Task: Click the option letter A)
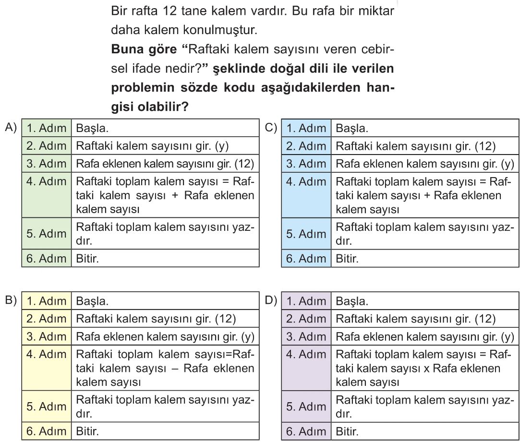(x=10, y=127)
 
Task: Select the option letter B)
(x=10, y=300)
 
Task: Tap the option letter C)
(x=271, y=127)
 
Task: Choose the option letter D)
(x=271, y=300)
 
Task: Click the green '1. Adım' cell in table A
(x=47, y=129)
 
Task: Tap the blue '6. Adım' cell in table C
(x=306, y=259)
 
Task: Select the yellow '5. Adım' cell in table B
(x=47, y=406)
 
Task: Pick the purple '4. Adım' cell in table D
(x=306, y=356)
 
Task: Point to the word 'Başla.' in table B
(x=92, y=301)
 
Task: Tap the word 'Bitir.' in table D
(x=347, y=431)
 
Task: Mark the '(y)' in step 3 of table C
(x=507, y=164)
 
